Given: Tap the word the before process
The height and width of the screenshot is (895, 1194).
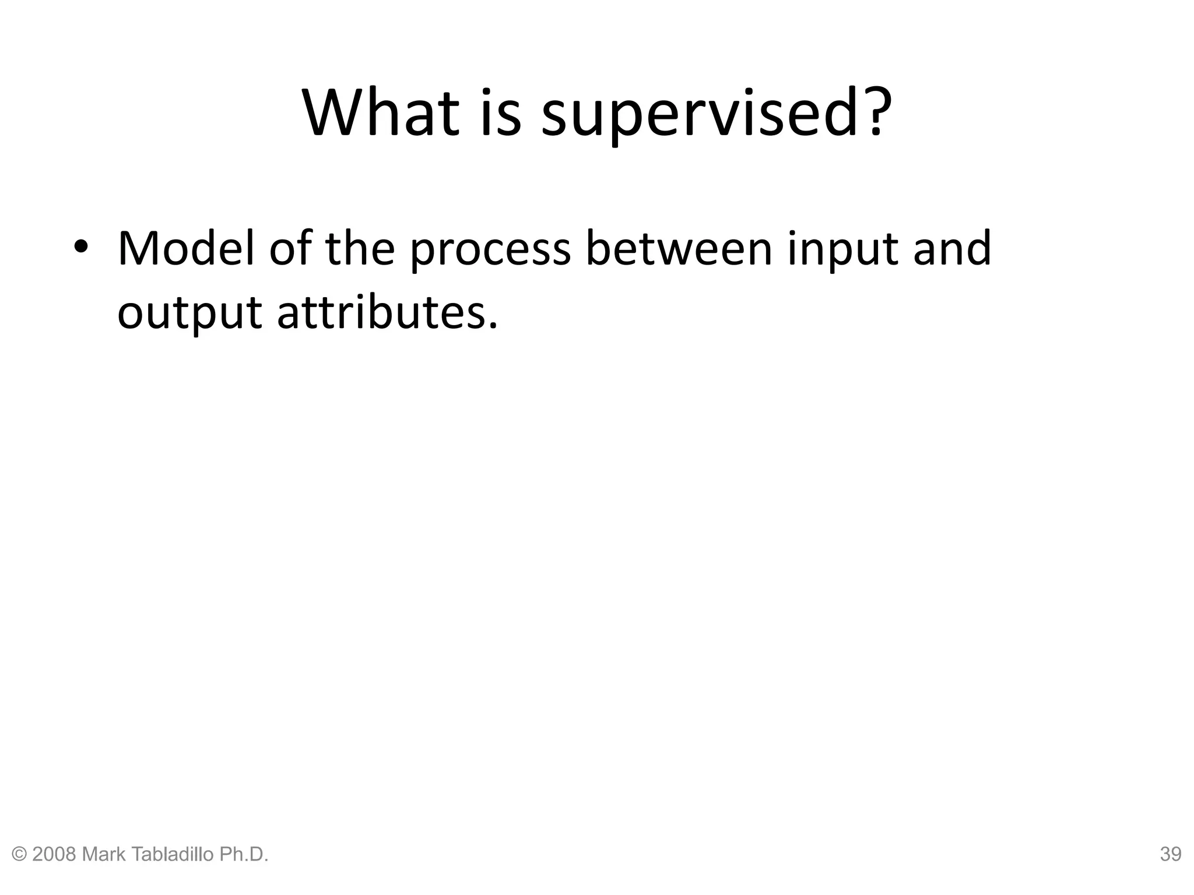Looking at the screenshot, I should (360, 249).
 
